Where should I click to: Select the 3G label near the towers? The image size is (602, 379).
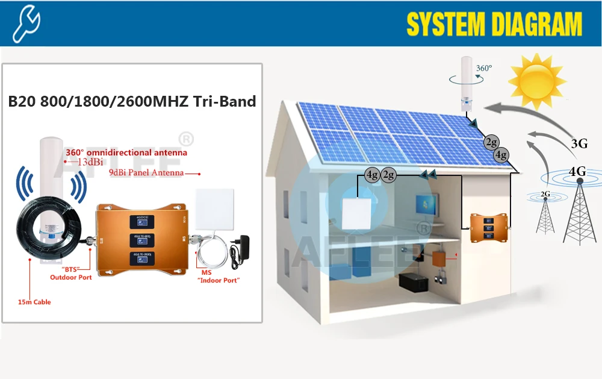tap(579, 143)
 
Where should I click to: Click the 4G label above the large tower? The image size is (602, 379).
tap(577, 171)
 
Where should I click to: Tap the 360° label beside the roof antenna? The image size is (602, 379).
tap(483, 69)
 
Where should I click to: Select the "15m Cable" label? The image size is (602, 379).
tap(34, 302)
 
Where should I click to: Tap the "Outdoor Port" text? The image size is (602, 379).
tap(70, 277)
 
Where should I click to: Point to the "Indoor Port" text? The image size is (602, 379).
tap(219, 281)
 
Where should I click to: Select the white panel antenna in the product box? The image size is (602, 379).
tap(214, 208)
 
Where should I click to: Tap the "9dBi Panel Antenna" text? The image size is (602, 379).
tap(146, 173)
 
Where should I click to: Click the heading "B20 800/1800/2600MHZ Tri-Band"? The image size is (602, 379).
tap(132, 101)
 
